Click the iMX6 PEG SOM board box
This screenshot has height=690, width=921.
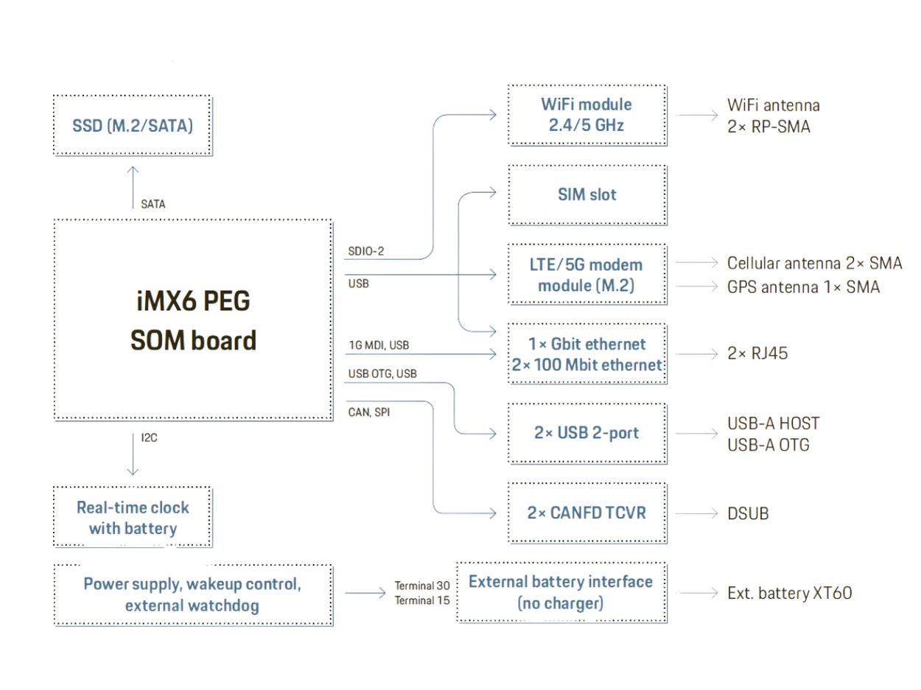pyautogui.click(x=193, y=320)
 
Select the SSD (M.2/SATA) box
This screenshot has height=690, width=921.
pyautogui.click(x=133, y=125)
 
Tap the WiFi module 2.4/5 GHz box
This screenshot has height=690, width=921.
pyautogui.click(x=587, y=115)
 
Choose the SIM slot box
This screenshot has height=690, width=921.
pyautogui.click(x=587, y=195)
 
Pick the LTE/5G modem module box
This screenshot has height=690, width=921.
pyautogui.click(x=587, y=275)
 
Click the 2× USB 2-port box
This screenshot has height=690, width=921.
pyautogui.click(x=587, y=433)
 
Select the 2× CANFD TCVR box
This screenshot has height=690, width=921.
pyautogui.click(x=587, y=513)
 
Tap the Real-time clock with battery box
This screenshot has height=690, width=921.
pyautogui.click(x=133, y=517)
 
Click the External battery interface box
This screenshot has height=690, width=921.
pyautogui.click(x=561, y=592)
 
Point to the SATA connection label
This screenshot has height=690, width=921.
pyautogui.click(x=153, y=204)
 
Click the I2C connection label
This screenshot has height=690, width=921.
pyautogui.click(x=150, y=437)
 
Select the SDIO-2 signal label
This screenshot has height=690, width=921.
pyautogui.click(x=366, y=251)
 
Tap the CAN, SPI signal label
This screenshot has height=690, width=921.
pyautogui.click(x=369, y=412)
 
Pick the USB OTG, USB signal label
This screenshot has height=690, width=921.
pyautogui.click(x=382, y=374)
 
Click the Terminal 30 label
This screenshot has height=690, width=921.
pyautogui.click(x=422, y=585)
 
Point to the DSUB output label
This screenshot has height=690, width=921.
pyautogui.click(x=748, y=513)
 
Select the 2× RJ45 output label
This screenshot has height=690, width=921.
pyautogui.click(x=757, y=353)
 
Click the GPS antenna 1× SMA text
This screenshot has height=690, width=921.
pyautogui.click(x=803, y=287)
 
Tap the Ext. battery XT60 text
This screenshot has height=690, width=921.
pyautogui.click(x=789, y=593)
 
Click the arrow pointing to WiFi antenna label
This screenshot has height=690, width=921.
pyautogui.click(x=696, y=115)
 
